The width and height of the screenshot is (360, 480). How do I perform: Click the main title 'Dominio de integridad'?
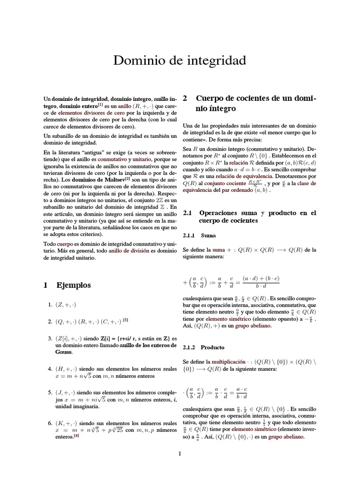(180, 61)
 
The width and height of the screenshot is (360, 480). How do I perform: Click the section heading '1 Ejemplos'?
(67, 285)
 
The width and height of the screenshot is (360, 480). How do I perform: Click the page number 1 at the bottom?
(180, 453)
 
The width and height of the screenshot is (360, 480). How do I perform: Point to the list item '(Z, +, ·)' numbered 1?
(66, 305)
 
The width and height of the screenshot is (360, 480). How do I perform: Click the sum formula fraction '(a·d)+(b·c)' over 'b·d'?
(261, 283)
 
